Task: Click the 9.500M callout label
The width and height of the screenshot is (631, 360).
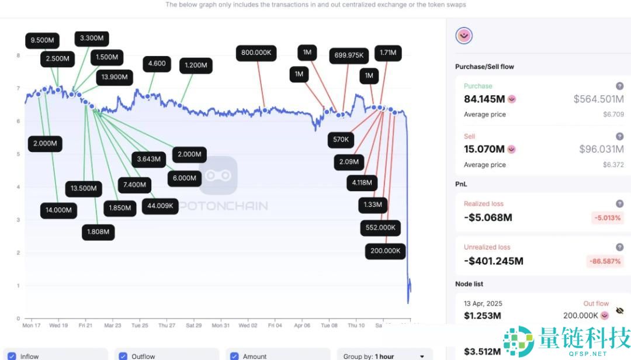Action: click(x=43, y=41)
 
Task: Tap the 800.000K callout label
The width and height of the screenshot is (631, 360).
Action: click(x=256, y=53)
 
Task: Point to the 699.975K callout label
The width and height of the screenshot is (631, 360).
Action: click(x=349, y=56)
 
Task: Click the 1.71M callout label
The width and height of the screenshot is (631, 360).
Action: click(x=387, y=53)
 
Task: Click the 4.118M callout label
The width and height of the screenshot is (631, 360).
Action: click(x=362, y=182)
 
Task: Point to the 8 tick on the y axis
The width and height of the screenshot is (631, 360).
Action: click(x=19, y=56)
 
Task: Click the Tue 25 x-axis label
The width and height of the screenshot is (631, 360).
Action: click(x=140, y=325)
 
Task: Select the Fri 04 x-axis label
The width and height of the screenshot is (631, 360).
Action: click(x=275, y=325)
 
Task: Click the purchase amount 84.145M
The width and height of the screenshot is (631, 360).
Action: click(x=484, y=99)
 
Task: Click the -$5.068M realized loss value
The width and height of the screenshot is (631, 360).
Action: click(x=488, y=217)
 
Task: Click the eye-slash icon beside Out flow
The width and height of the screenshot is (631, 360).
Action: click(x=619, y=310)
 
